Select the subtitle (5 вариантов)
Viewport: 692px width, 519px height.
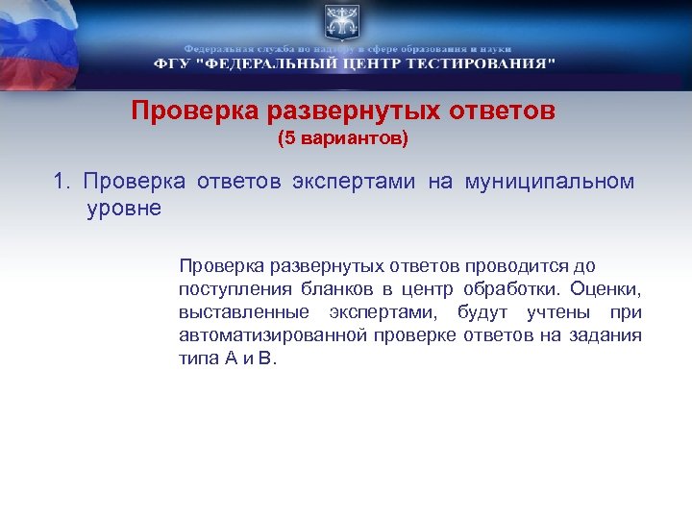[x=343, y=139]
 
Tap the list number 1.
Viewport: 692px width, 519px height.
[x=62, y=182]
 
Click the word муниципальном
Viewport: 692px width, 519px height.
[x=550, y=182]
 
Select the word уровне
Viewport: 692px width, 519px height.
[x=124, y=208]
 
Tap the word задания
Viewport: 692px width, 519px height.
[x=608, y=335]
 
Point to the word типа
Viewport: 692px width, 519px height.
[x=197, y=359]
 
